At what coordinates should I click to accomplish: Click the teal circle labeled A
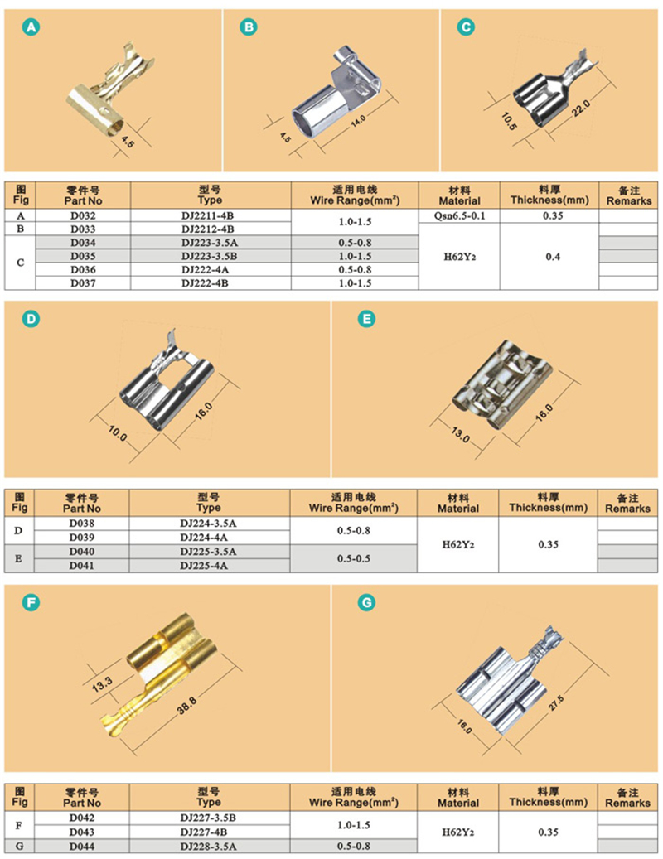pyautogui.click(x=31, y=27)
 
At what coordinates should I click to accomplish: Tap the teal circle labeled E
pyautogui.click(x=366, y=319)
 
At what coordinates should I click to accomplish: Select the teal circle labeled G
pyautogui.click(x=366, y=603)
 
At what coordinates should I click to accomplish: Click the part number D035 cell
pyautogui.click(x=83, y=256)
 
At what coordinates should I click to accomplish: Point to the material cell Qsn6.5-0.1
pyautogui.click(x=460, y=215)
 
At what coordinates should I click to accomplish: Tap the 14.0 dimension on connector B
pyautogui.click(x=358, y=121)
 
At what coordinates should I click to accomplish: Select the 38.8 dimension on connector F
pyautogui.click(x=186, y=706)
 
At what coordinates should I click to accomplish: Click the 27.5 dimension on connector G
pyautogui.click(x=556, y=703)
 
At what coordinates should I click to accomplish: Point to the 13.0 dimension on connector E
pyautogui.click(x=460, y=435)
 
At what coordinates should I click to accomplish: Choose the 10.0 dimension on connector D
pyautogui.click(x=117, y=433)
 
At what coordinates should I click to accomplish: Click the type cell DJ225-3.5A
pyautogui.click(x=208, y=552)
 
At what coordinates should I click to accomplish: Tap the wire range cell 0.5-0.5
pyautogui.click(x=353, y=559)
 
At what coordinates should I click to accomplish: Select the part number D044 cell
pyautogui.click(x=82, y=847)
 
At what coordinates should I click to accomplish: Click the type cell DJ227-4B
pyautogui.click(x=208, y=832)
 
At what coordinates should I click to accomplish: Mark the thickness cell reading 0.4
pyautogui.click(x=552, y=257)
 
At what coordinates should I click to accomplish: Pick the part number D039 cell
pyautogui.click(x=82, y=538)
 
